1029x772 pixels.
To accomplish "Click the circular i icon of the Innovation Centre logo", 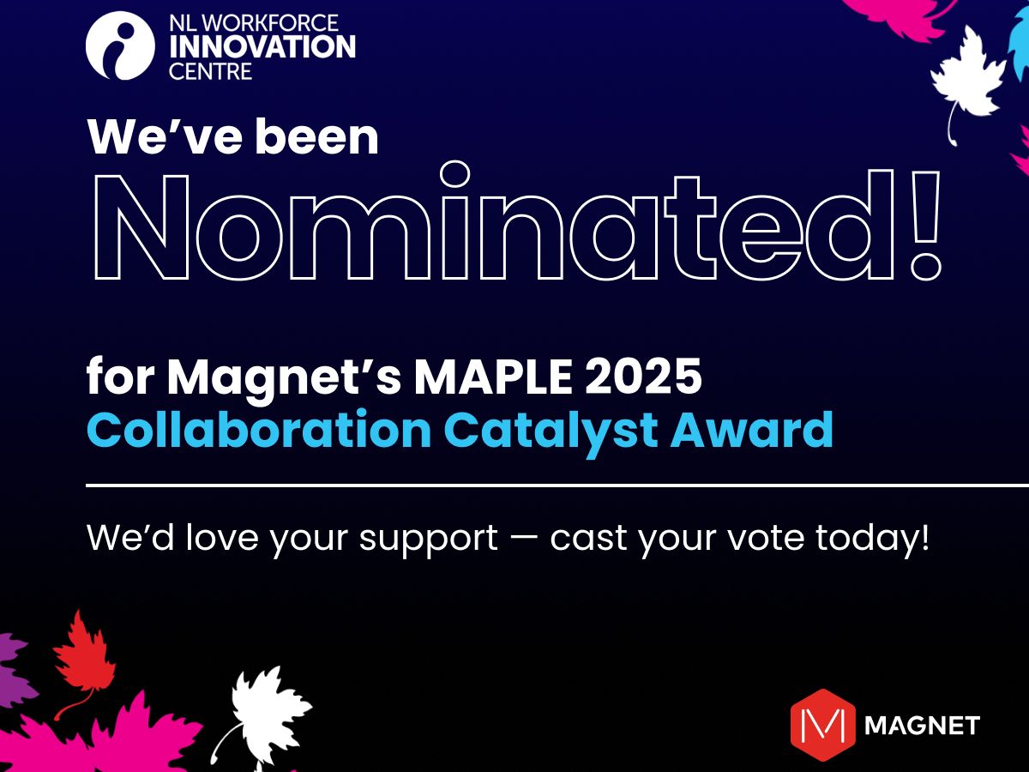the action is click(x=120, y=45).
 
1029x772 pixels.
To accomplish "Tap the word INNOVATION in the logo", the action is click(x=262, y=46).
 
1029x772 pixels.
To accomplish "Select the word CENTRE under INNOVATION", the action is click(x=210, y=72).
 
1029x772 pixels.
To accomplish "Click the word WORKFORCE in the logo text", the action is click(x=269, y=23).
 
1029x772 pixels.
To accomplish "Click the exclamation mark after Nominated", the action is click(x=925, y=226).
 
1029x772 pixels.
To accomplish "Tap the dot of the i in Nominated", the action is click(x=454, y=174).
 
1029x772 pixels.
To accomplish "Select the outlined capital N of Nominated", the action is click(x=141, y=227).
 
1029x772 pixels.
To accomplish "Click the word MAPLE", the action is click(x=493, y=377).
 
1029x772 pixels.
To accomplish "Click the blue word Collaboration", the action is click(x=259, y=429).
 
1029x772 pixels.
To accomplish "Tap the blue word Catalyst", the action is click(x=551, y=432).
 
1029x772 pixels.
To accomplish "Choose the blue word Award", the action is click(x=752, y=430).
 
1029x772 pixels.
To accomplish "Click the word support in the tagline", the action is click(x=428, y=540).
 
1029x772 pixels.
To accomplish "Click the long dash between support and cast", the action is click(x=524, y=538).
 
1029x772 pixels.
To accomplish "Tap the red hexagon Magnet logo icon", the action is click(x=822, y=725).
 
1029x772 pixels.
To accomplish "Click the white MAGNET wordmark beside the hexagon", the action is click(x=922, y=725).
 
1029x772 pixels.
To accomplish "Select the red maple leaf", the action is click(x=84, y=658).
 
